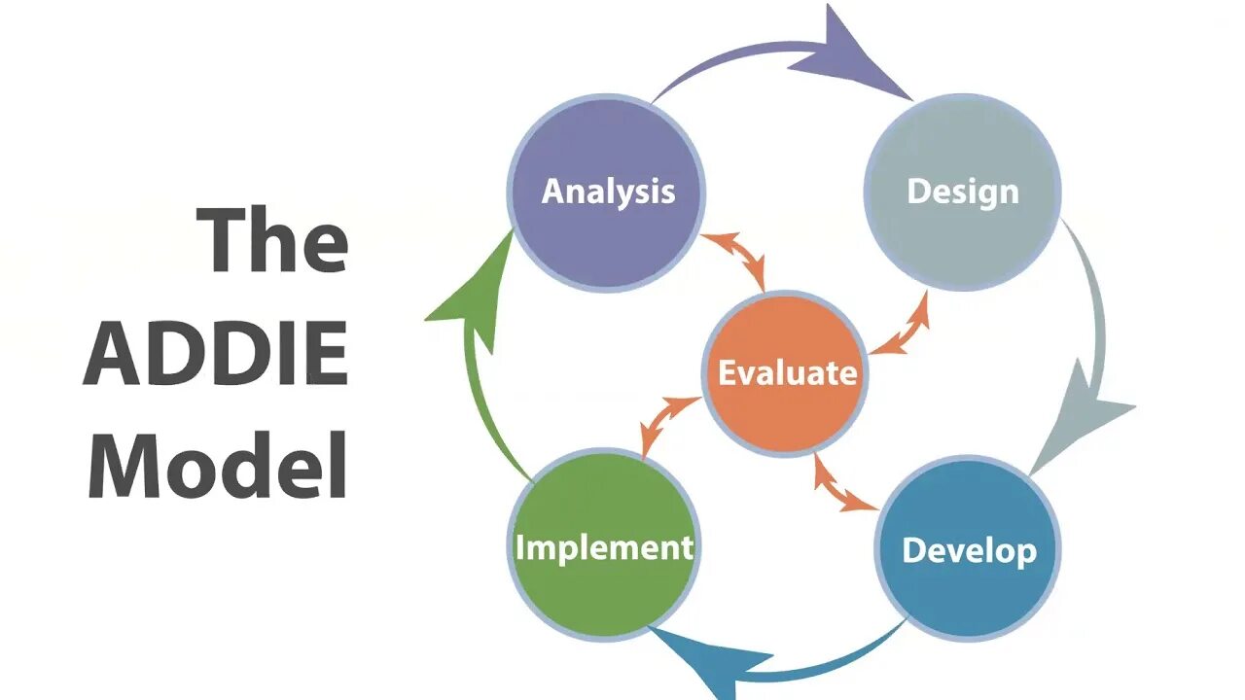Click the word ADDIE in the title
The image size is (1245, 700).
(216, 355)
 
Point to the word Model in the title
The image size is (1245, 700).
(218, 466)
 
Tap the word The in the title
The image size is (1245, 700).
(273, 241)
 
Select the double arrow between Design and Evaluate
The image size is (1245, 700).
(899, 323)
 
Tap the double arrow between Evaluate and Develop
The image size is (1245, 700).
(843, 484)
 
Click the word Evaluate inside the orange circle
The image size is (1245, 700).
(787, 372)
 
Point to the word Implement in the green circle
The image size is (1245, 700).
(604, 547)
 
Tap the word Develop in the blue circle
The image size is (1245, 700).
(969, 550)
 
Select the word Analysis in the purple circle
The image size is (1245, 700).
(608, 191)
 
